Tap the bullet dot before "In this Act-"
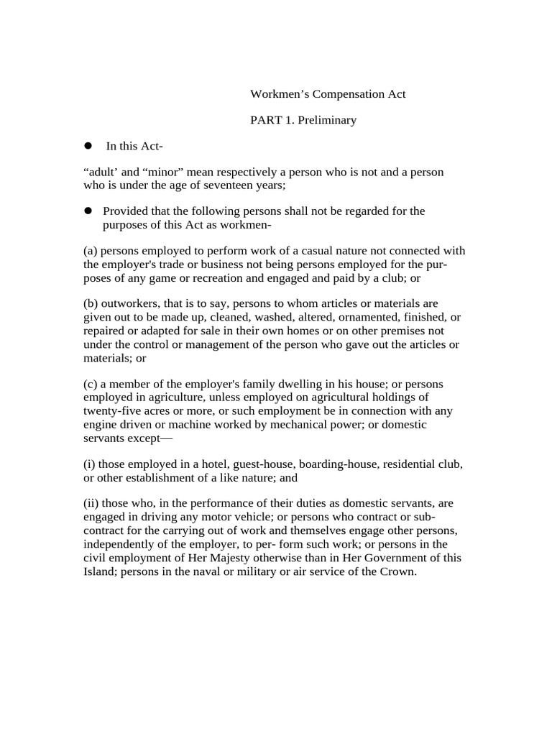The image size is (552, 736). coord(89,146)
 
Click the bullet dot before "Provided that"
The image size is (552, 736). coord(89,211)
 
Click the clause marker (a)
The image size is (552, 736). coord(91,250)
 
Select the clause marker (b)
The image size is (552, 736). coord(91,303)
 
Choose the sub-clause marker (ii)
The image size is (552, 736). coord(93,502)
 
